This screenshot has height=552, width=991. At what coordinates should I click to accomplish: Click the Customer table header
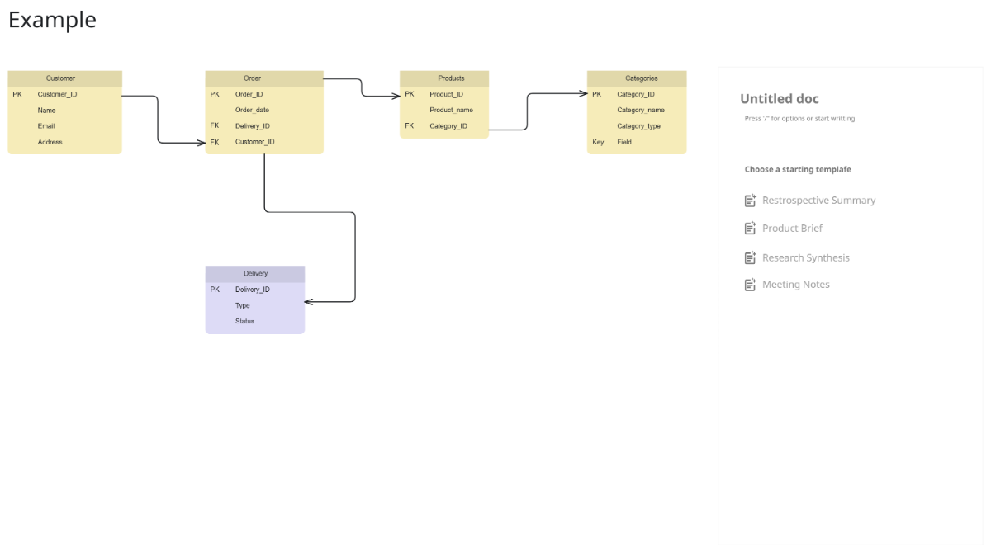pyautogui.click(x=61, y=78)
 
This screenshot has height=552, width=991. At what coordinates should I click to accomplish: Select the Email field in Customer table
pyautogui.click(x=46, y=126)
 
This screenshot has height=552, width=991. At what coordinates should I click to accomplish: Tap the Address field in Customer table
pyautogui.click(x=50, y=142)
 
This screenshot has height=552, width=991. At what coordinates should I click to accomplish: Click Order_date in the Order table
pyautogui.click(x=252, y=110)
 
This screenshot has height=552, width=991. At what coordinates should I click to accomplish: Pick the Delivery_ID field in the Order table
pyautogui.click(x=252, y=126)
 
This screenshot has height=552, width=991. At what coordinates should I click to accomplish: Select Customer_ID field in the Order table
pyautogui.click(x=254, y=142)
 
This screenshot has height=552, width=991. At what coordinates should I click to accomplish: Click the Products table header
pyautogui.click(x=451, y=78)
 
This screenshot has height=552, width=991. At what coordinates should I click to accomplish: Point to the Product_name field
pyautogui.click(x=451, y=110)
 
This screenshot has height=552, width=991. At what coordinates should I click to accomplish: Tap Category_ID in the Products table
pyautogui.click(x=448, y=126)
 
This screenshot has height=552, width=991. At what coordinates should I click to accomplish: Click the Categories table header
pyautogui.click(x=641, y=78)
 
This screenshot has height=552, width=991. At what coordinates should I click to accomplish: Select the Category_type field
pyautogui.click(x=638, y=126)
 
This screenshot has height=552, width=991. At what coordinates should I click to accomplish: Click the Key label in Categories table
pyautogui.click(x=598, y=142)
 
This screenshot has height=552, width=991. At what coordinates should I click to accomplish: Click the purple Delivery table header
pyautogui.click(x=255, y=273)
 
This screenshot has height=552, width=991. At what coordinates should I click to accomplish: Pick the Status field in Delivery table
pyautogui.click(x=244, y=321)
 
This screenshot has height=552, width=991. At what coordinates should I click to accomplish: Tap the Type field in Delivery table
pyautogui.click(x=242, y=305)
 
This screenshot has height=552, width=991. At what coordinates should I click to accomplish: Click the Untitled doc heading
pyautogui.click(x=779, y=99)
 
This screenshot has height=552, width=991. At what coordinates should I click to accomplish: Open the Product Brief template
pyautogui.click(x=792, y=229)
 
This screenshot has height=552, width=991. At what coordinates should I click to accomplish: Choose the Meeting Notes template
pyautogui.click(x=795, y=285)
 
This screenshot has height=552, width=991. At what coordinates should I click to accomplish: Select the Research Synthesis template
pyautogui.click(x=805, y=258)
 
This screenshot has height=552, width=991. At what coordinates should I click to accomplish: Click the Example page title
pyautogui.click(x=52, y=20)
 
